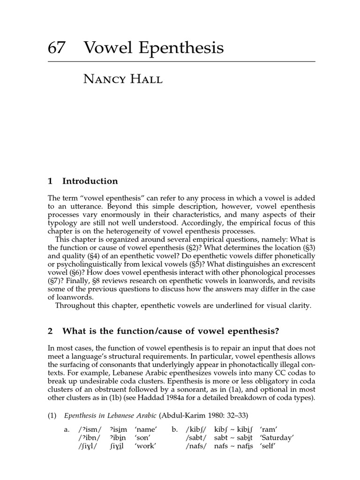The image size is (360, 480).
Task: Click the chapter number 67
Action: (56, 48)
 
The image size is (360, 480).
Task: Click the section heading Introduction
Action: (90, 181)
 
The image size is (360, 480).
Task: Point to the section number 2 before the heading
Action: (50, 331)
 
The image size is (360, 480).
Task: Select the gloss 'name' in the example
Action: (146, 429)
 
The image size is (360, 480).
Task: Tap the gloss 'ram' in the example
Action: (270, 429)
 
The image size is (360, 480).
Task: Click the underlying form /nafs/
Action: (196, 446)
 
